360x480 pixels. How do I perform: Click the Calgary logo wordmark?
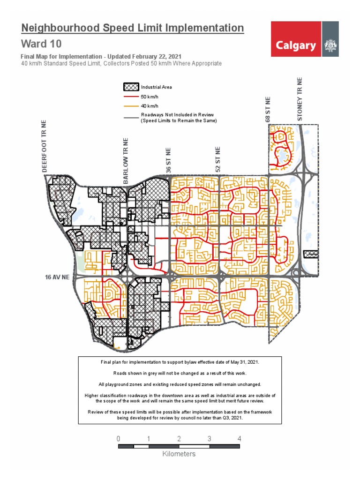coord(295,45)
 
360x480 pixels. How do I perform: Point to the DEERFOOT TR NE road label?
coord(45,145)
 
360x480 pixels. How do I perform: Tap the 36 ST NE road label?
coord(168,159)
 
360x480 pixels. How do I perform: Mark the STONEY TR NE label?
coord(300,99)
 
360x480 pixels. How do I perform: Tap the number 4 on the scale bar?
coord(240,439)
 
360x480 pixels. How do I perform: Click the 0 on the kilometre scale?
coord(119,439)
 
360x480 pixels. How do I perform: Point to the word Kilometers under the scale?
coord(179,454)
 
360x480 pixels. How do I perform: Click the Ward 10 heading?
coord(41,44)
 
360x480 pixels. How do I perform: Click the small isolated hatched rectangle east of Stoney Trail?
coord(311,254)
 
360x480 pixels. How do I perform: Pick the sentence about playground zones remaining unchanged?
coord(180,384)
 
